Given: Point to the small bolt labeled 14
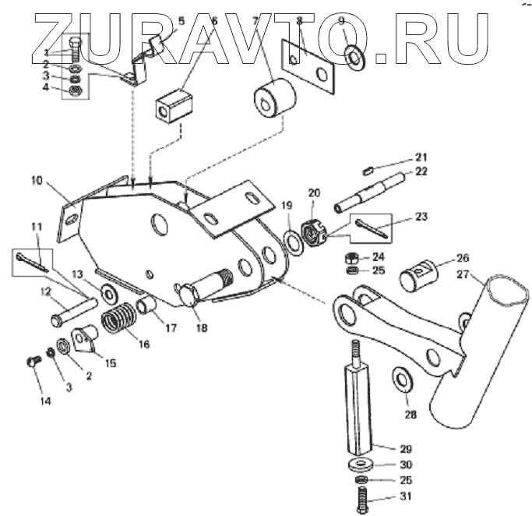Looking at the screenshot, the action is click(33, 362).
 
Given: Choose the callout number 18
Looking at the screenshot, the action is click(202, 328).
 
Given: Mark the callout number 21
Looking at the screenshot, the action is click(421, 156).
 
